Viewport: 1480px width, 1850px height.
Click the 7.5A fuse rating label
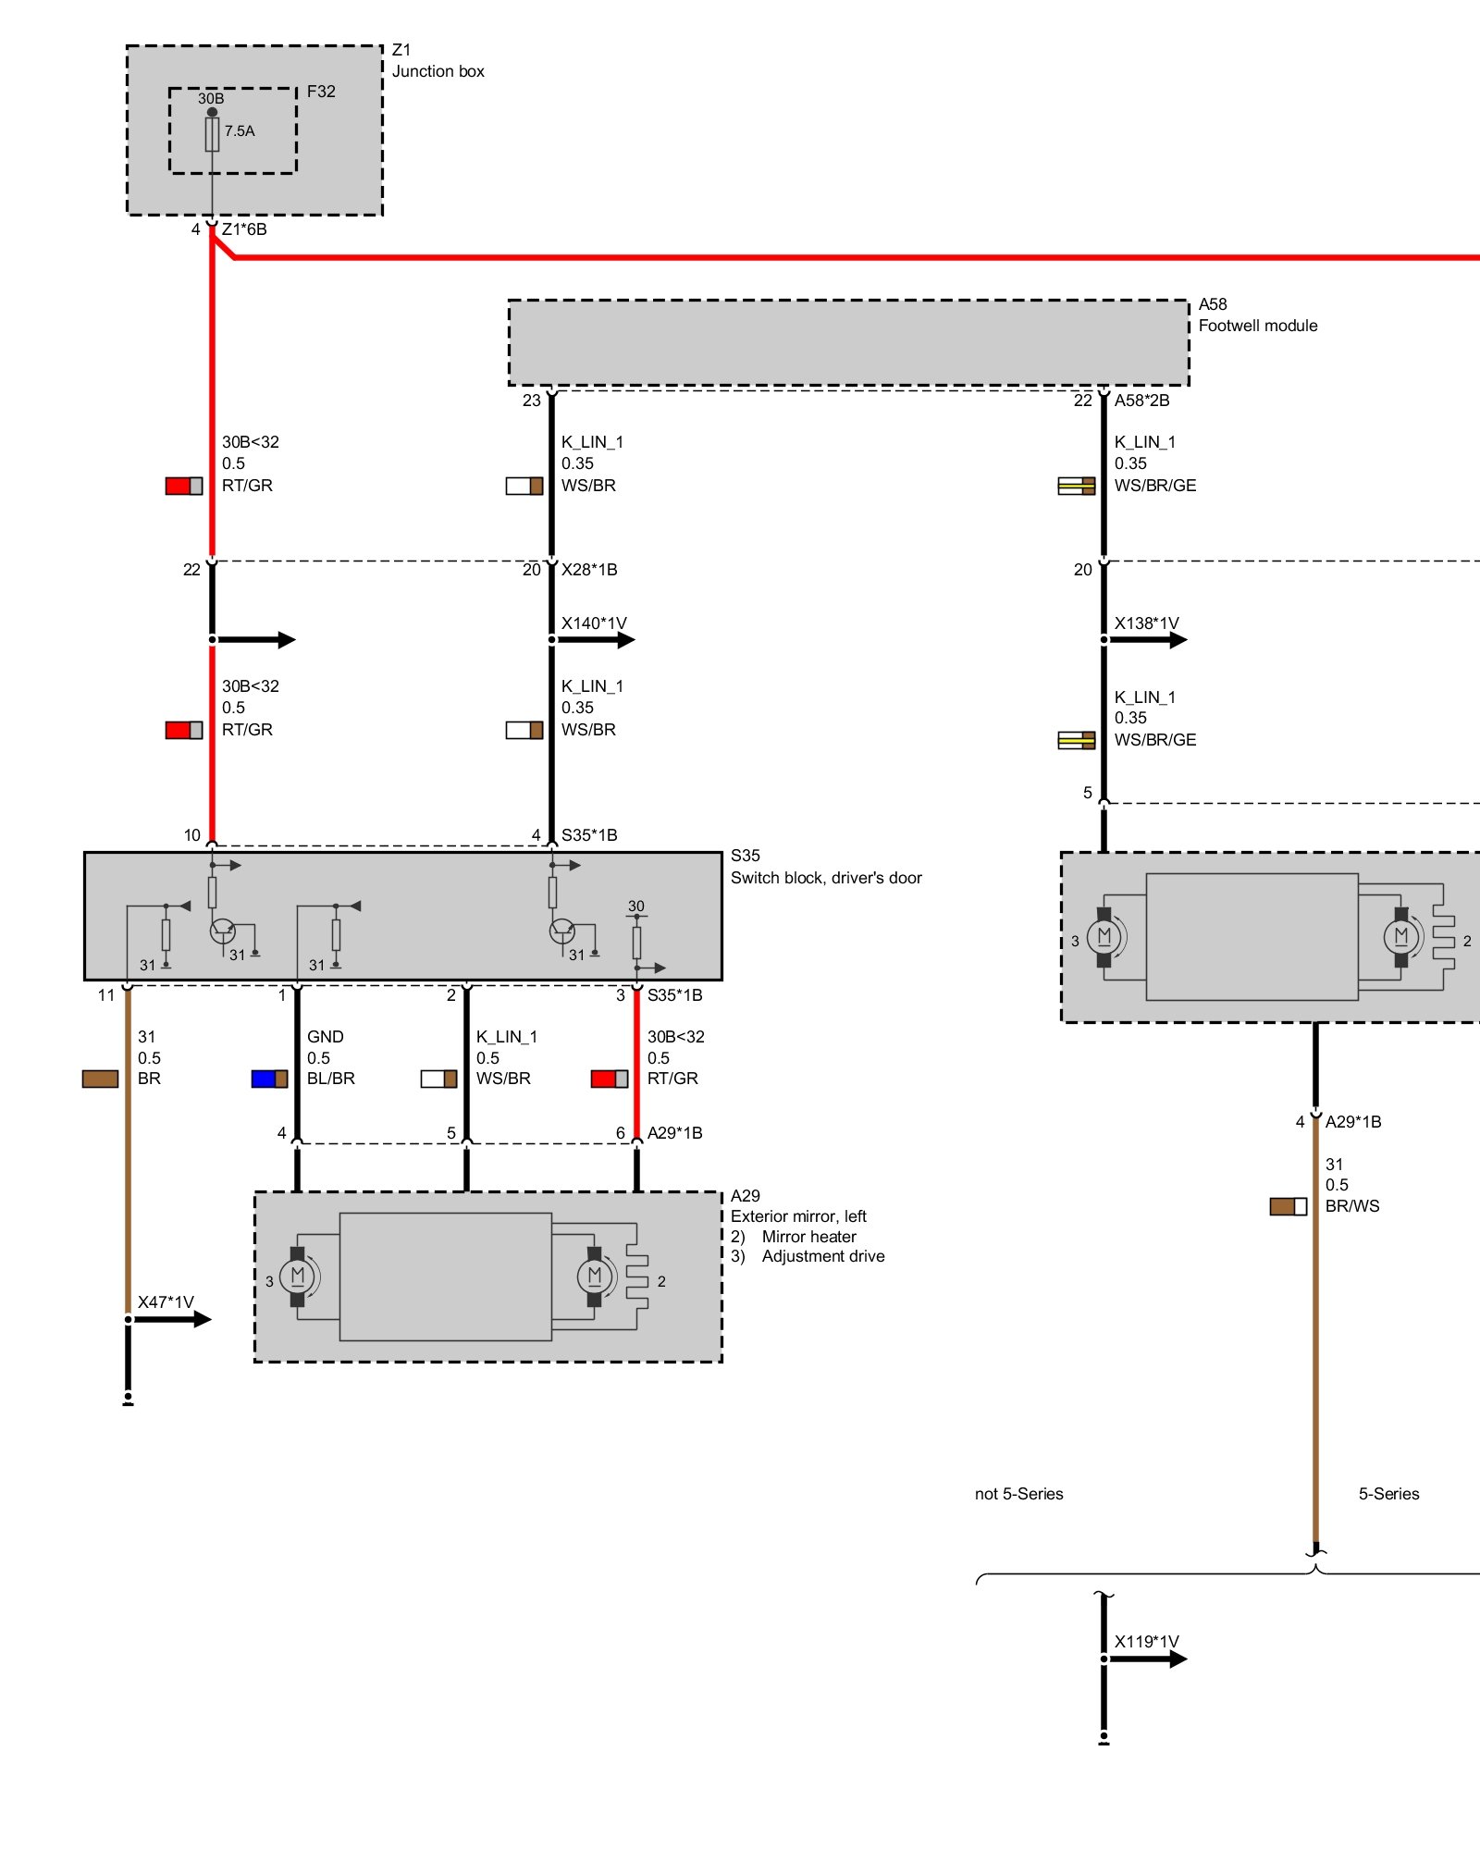(240, 131)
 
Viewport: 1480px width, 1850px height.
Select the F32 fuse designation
(321, 92)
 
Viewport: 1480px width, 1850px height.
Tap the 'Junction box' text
(438, 71)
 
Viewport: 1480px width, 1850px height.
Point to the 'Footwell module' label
(1257, 326)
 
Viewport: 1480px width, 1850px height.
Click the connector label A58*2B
(1141, 401)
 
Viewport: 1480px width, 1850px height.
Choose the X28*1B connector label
(589, 570)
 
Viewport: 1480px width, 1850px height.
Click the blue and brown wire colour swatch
(269, 1079)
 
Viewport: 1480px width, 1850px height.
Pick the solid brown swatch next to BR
(100, 1079)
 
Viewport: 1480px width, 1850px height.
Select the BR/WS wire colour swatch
(1288, 1206)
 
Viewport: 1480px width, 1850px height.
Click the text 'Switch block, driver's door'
(826, 878)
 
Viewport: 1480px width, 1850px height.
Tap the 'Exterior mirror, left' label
(798, 1216)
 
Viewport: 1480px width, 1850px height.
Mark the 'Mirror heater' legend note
(808, 1237)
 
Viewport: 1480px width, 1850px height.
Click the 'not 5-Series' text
(1018, 1494)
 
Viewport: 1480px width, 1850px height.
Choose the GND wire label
(325, 1037)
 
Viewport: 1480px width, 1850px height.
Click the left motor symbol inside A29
(298, 1276)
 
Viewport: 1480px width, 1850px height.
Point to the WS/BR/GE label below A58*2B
(1154, 486)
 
